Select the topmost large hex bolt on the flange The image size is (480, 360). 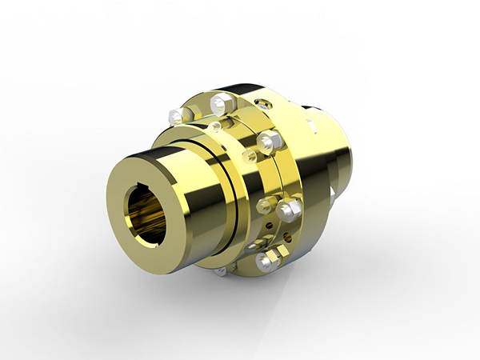[222, 103]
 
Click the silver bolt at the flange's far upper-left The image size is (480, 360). [177, 117]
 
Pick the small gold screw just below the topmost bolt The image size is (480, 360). [216, 126]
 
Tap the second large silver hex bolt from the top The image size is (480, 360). [270, 142]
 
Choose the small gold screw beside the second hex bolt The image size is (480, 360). [250, 154]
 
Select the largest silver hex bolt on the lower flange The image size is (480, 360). [290, 210]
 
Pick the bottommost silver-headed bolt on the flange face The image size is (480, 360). [264, 262]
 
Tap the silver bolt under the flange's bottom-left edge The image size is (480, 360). [221, 272]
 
